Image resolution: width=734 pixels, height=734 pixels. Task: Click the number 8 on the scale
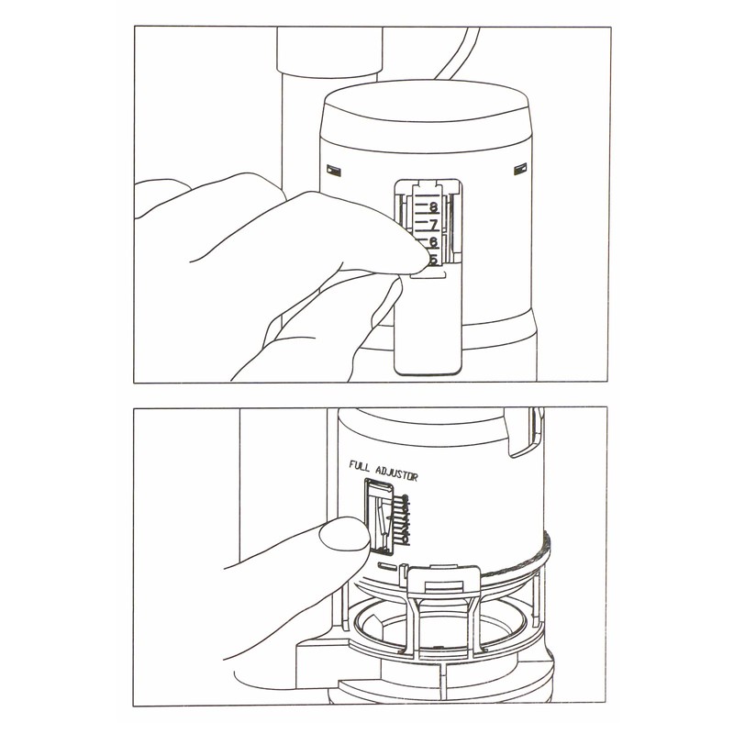[432, 207]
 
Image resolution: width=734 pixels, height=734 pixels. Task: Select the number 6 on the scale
[432, 242]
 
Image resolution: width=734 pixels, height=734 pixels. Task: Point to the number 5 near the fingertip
[432, 260]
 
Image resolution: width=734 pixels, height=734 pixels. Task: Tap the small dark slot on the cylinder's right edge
[521, 169]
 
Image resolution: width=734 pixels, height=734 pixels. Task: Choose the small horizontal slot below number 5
[431, 273]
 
